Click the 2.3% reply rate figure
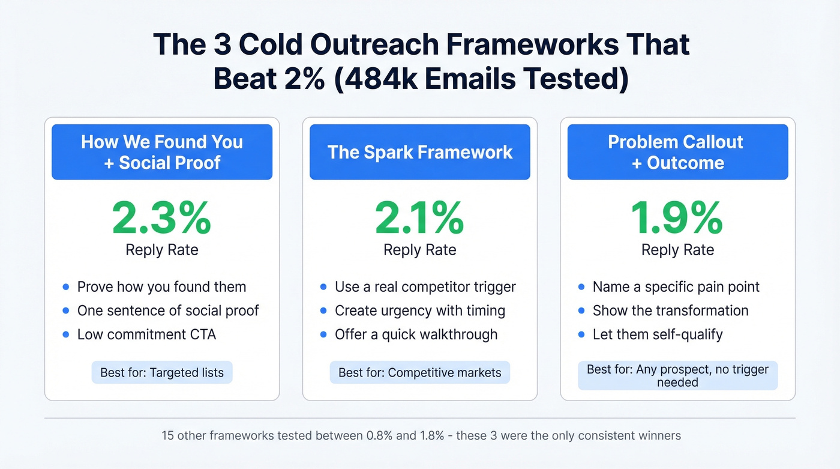161,219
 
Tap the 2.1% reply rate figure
419,219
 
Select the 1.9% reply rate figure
677,219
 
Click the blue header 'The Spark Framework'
420,152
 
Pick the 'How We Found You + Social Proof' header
162,152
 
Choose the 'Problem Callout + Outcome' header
677,152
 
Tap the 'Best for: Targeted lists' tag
162,372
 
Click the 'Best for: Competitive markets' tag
419,372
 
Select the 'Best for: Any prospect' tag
677,375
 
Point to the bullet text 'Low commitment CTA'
146,334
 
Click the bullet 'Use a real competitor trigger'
425,287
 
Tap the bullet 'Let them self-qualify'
658,334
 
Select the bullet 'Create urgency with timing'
419,311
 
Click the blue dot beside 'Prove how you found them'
66,288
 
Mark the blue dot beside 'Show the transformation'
581,311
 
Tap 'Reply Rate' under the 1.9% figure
677,250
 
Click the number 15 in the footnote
168,435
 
